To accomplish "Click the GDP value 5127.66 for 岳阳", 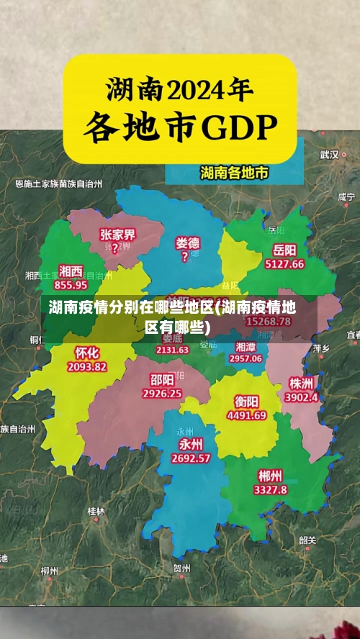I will coord(284,264).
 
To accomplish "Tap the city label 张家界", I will coord(118,234).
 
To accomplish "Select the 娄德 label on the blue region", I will coord(187,243).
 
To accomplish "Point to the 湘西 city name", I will coord(71,271).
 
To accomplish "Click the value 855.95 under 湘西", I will coord(70,284).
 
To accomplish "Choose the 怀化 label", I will coord(86,352).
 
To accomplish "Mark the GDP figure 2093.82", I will coord(86,366).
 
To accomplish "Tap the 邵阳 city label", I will coord(162,379).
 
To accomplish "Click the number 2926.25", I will coord(162,394).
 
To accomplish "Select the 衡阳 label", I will coord(246,401).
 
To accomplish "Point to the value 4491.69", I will coord(246,415).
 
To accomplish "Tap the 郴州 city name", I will coord(270,475).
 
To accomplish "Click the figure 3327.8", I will coord(270,489).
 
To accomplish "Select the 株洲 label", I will coord(301,382).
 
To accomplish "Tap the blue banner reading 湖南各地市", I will coord(234,173).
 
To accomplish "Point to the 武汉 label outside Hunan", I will coord(329,154).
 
